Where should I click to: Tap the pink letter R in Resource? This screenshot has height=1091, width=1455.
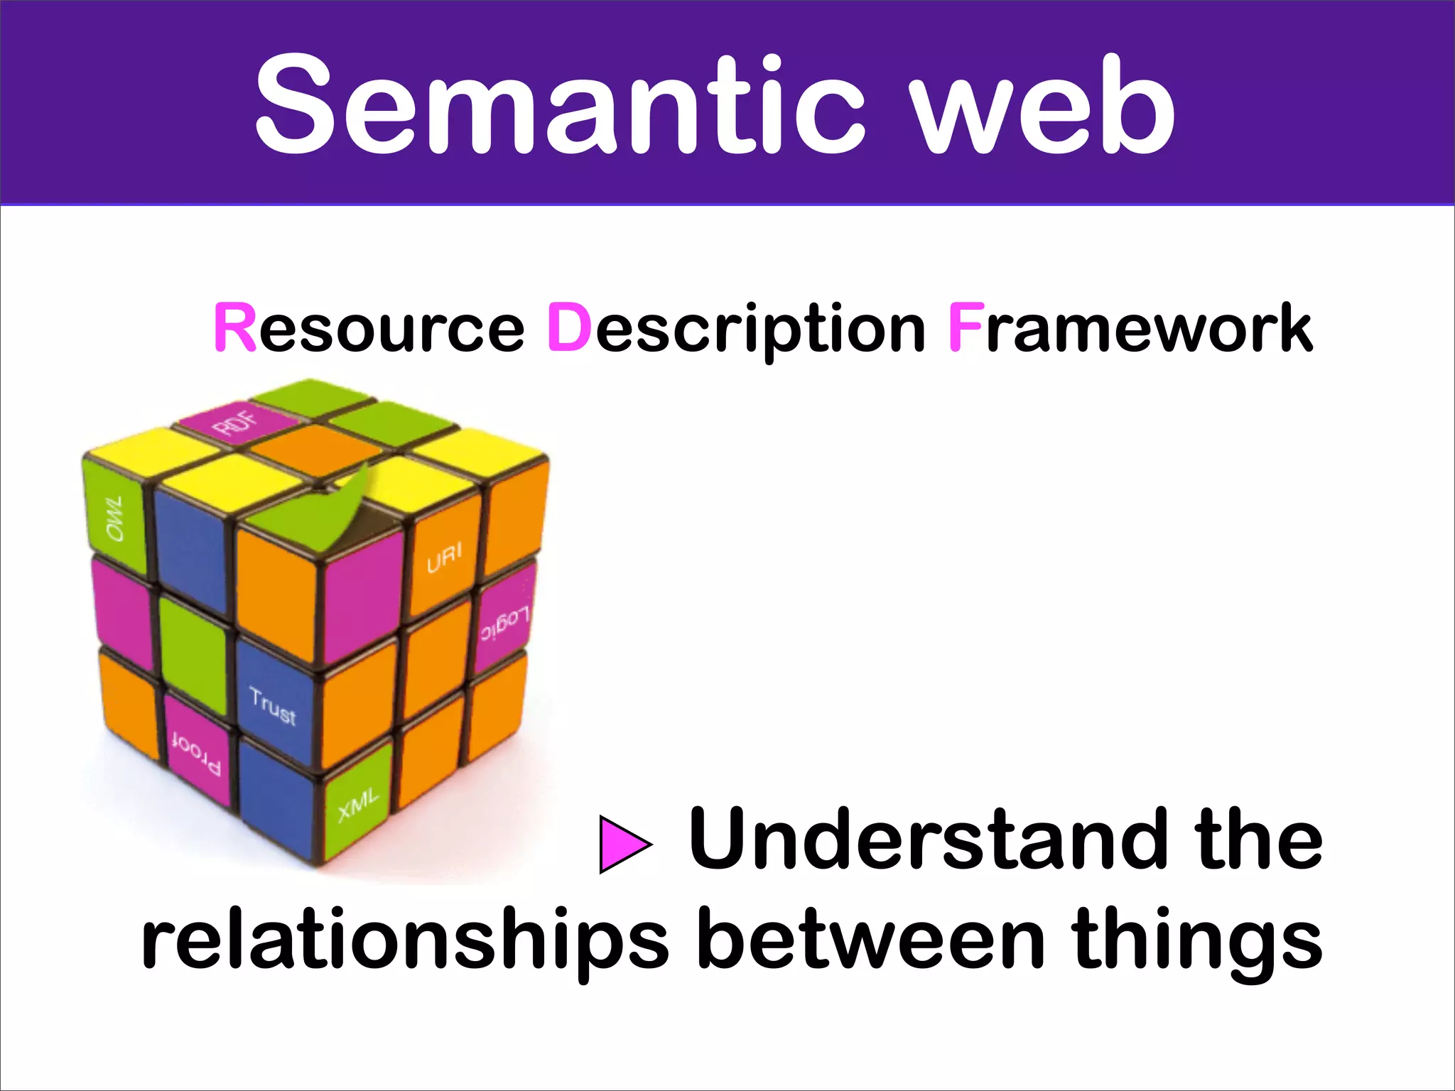pos(234,328)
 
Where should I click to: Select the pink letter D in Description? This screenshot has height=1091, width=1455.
pos(569,328)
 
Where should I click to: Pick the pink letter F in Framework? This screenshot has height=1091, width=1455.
pos(966,328)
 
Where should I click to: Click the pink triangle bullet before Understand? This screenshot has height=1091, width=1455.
pos(623,845)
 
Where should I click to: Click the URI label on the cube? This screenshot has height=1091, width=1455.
pos(444,558)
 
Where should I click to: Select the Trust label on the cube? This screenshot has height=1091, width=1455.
pos(273,707)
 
